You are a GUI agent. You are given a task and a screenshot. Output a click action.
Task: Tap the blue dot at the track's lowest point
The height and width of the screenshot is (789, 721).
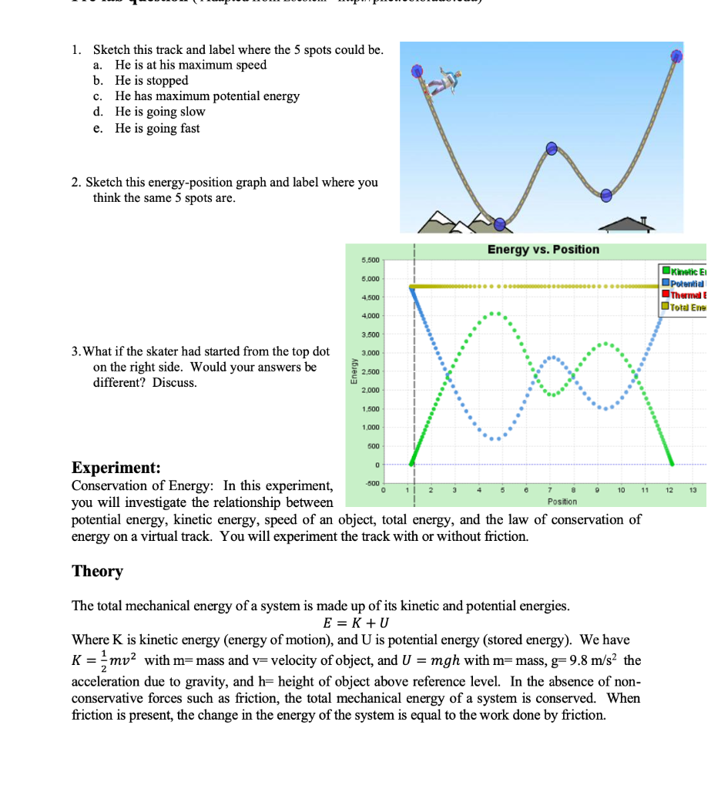pos(499,223)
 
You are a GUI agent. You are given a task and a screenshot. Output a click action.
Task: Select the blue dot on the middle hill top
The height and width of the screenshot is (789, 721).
pos(552,149)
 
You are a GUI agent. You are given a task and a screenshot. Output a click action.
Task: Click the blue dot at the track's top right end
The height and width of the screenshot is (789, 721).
pos(676,55)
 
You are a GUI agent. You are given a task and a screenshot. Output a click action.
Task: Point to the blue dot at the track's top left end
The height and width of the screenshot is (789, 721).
pos(418,72)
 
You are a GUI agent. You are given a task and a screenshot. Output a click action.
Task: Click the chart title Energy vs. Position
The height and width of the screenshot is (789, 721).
pos(543,250)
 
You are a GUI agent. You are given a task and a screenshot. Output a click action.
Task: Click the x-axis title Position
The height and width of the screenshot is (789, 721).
pos(562,502)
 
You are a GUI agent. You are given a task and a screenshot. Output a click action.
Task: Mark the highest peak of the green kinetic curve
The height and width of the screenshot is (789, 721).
pos(495,314)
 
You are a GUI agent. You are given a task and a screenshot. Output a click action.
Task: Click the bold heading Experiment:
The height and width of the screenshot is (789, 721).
pos(116,468)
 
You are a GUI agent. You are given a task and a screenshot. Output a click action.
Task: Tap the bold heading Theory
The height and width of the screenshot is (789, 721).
pos(97,571)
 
